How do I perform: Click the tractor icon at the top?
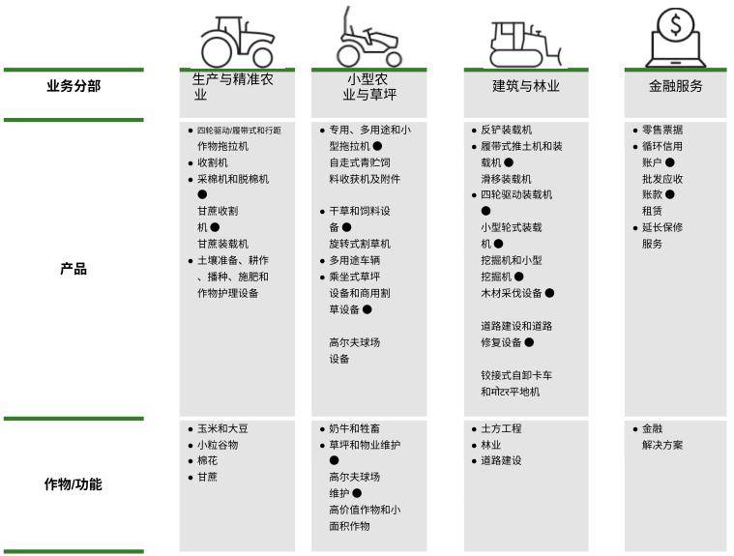[237, 42]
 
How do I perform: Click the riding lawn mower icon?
[368, 39]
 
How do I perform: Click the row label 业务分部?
[73, 86]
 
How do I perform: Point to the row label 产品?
[73, 269]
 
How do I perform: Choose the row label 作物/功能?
[73, 484]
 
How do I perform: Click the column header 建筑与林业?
[526, 86]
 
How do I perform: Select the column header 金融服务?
[675, 86]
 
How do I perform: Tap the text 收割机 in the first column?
[213, 163]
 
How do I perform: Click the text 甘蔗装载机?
[223, 244]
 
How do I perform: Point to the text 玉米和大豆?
[223, 428]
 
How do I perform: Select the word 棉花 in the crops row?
[208, 461]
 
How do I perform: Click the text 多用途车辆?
[355, 261]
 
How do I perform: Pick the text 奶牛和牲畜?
[355, 428]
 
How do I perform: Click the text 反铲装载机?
[507, 131]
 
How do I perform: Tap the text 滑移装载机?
[507, 179]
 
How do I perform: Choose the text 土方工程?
[501, 428]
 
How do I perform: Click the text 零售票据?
[662, 131]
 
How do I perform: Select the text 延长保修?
[662, 228]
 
